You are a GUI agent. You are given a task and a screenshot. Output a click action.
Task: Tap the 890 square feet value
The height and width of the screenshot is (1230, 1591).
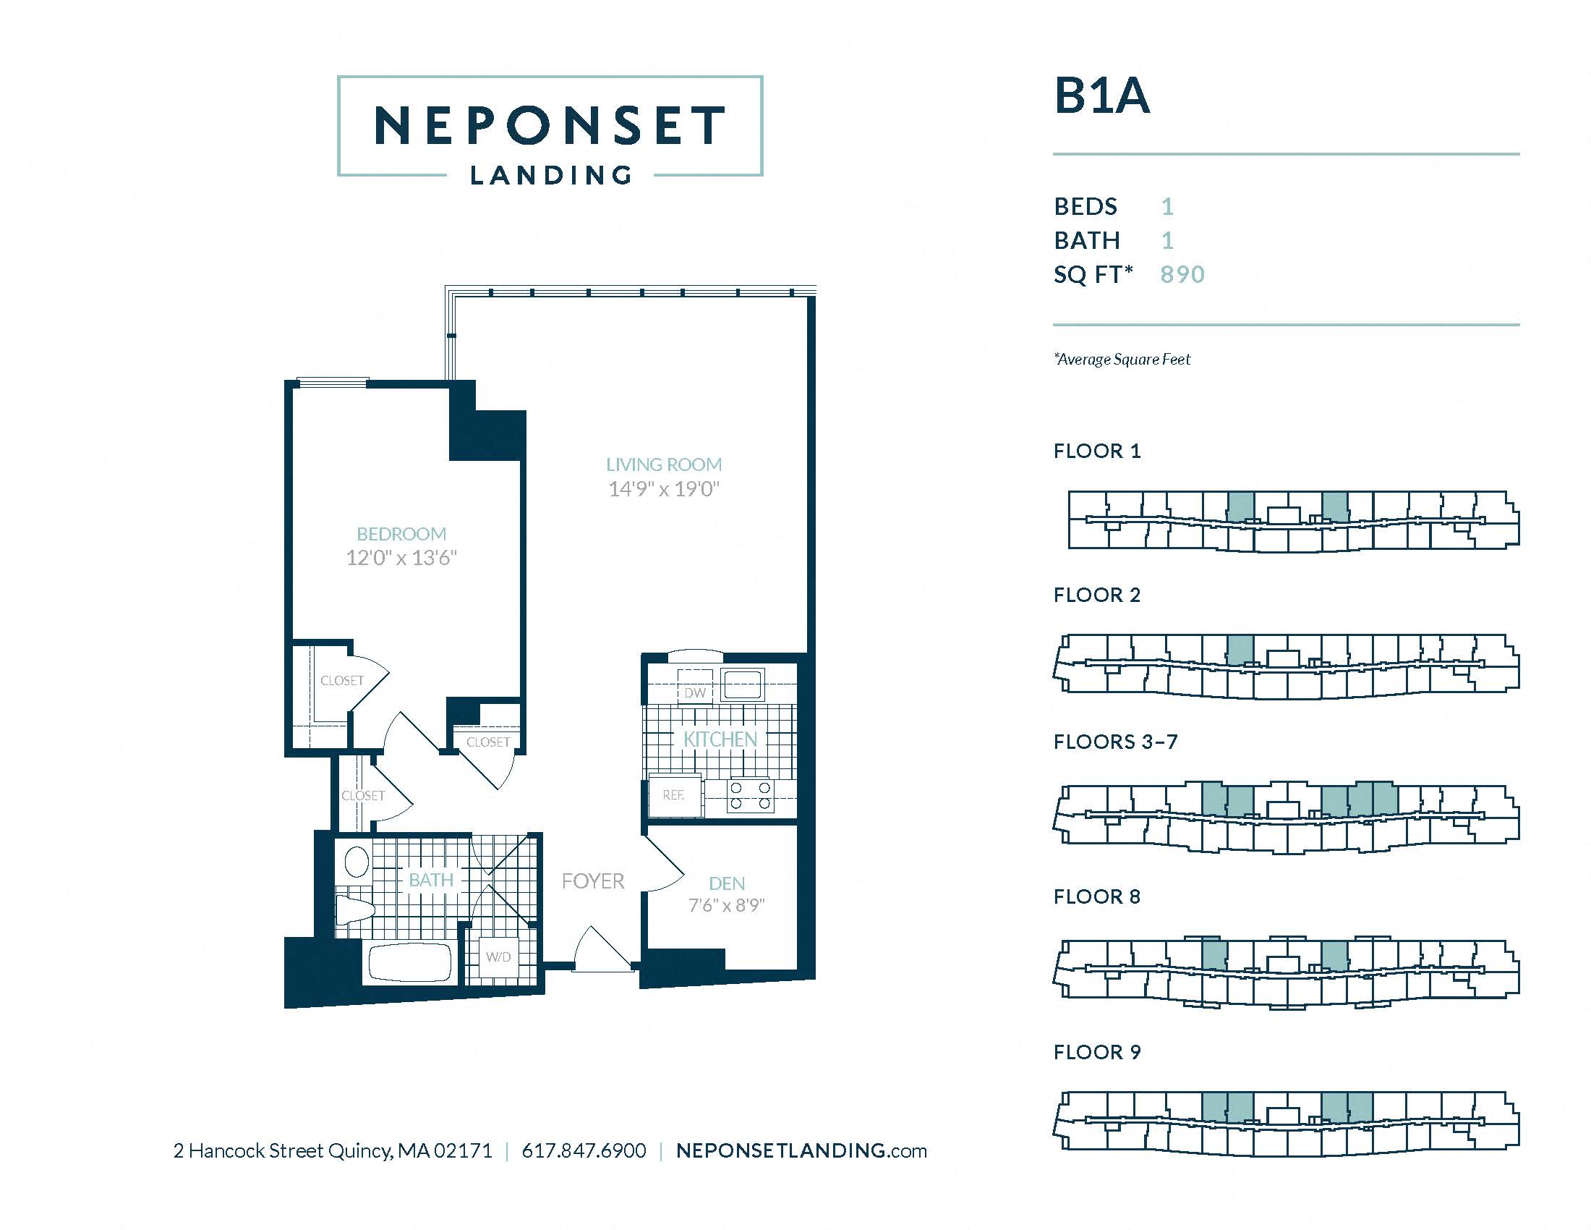(1182, 274)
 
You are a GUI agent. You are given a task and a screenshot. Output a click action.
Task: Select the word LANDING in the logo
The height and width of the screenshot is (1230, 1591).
(551, 176)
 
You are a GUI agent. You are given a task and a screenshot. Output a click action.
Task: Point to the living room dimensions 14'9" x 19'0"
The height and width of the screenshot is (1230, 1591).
(664, 489)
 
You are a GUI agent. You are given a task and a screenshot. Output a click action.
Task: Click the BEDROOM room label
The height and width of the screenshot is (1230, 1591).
(401, 533)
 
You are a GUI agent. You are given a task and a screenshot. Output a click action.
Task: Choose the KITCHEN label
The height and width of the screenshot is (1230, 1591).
(720, 739)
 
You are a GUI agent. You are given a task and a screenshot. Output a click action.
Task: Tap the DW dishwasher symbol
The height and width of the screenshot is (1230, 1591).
(694, 692)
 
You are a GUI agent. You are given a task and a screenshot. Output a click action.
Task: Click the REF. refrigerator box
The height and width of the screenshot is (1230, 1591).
(674, 795)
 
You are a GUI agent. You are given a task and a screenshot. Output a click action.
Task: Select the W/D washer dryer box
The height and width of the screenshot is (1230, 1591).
(499, 957)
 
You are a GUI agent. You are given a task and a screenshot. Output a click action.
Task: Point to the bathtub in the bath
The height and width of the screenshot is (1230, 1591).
(410, 962)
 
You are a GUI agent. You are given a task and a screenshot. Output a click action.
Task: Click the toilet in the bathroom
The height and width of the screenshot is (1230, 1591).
(356, 909)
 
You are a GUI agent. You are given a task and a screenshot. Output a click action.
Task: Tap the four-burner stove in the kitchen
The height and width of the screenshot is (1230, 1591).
(751, 795)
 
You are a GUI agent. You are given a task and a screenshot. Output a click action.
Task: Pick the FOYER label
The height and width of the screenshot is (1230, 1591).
(593, 881)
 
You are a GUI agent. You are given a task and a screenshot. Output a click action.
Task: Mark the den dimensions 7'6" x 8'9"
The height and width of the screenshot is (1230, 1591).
(726, 905)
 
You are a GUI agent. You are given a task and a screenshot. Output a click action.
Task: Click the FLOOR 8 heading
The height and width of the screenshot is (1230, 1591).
(1096, 896)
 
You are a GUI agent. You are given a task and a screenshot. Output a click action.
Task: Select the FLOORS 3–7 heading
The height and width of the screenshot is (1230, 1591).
(1115, 742)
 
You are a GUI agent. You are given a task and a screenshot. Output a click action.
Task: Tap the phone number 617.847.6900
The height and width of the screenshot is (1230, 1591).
(584, 1150)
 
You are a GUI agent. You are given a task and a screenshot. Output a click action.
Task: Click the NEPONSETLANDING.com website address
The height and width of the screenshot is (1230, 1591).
(801, 1150)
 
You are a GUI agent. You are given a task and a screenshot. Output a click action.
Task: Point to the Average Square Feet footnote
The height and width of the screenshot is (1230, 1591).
(1122, 360)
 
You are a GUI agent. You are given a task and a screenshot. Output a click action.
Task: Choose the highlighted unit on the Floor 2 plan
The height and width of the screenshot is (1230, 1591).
(1240, 648)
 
